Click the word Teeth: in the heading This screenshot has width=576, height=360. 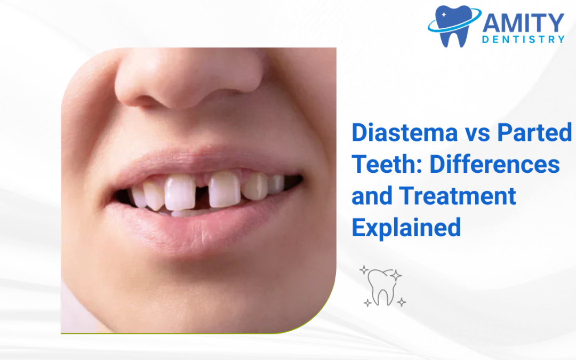click(387, 165)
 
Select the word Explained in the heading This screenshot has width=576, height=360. click(406, 227)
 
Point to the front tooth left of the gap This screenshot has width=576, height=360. click(180, 193)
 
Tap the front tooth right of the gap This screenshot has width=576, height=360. click(224, 190)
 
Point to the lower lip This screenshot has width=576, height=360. click(197, 227)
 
